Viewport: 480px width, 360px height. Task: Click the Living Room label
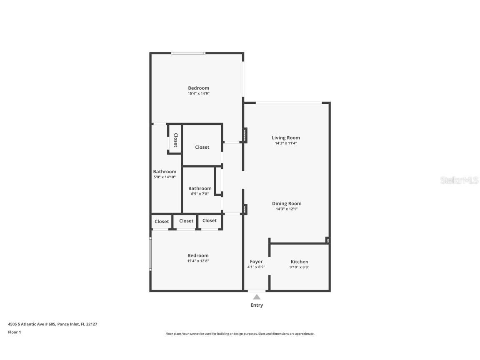click(x=286, y=137)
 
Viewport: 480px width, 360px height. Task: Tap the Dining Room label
click(x=287, y=203)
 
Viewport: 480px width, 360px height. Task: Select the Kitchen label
click(x=299, y=262)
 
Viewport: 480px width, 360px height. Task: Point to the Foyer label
click(x=256, y=262)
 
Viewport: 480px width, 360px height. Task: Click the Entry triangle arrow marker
click(x=257, y=297)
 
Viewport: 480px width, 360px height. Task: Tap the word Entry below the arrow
click(x=257, y=305)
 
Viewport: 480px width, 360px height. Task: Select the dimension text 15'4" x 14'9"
click(x=198, y=94)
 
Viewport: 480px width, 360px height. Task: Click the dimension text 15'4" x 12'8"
click(x=198, y=261)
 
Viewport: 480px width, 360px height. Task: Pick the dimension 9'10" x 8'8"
click(x=299, y=267)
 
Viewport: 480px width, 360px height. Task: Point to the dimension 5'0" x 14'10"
click(x=165, y=177)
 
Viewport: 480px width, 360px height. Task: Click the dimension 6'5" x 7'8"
click(x=200, y=194)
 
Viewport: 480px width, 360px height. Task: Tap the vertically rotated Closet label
click(x=175, y=140)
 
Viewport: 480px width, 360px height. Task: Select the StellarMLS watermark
click(x=460, y=180)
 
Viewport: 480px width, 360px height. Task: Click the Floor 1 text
click(x=14, y=332)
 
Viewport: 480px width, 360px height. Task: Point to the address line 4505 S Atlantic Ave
click(x=52, y=324)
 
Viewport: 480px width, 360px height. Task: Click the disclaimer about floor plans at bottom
click(x=240, y=334)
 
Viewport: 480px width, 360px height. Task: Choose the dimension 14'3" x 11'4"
click(x=286, y=143)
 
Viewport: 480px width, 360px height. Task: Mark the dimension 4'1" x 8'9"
click(x=256, y=267)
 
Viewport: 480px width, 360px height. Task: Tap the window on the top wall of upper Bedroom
click(x=188, y=53)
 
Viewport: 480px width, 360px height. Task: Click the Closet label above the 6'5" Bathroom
click(x=202, y=147)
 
